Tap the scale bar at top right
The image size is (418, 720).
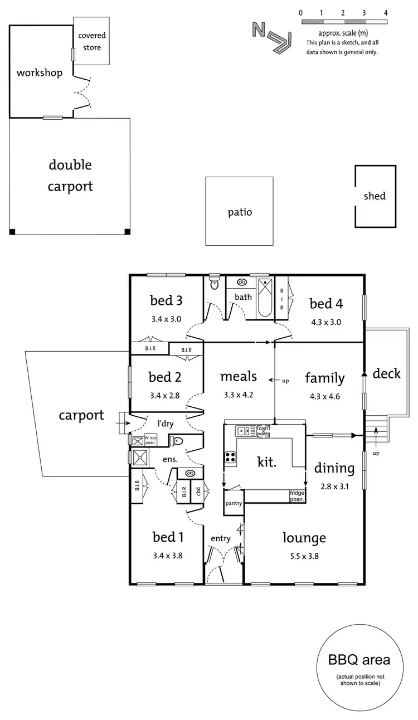tap(343, 22)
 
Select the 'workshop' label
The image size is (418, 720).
tap(39, 73)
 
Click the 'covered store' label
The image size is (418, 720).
tap(92, 41)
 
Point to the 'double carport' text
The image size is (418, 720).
tap(70, 176)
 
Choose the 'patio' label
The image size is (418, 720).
tap(240, 212)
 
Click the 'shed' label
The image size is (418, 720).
tap(375, 196)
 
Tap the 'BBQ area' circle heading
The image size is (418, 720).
tap(359, 660)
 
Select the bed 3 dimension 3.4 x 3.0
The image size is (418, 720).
tap(166, 320)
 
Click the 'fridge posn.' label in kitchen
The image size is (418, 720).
tap(297, 496)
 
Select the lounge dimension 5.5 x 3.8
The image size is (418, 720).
tap(304, 556)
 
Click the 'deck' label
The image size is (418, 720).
tap(386, 373)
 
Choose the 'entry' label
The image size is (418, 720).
tap(220, 538)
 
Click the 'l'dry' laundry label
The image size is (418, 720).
tap(165, 424)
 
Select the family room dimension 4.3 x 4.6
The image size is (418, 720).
tap(324, 397)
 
